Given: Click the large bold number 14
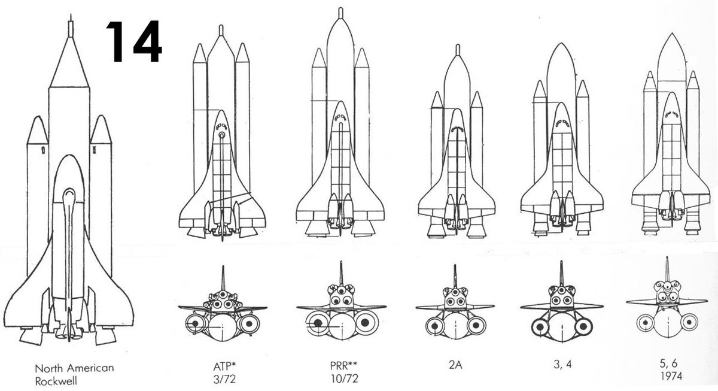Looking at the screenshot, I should (x=133, y=41).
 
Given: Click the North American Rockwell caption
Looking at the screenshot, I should (x=75, y=373).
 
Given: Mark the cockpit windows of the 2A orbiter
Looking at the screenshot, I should (x=457, y=129).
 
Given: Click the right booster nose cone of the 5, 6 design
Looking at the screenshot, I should (x=693, y=81).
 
